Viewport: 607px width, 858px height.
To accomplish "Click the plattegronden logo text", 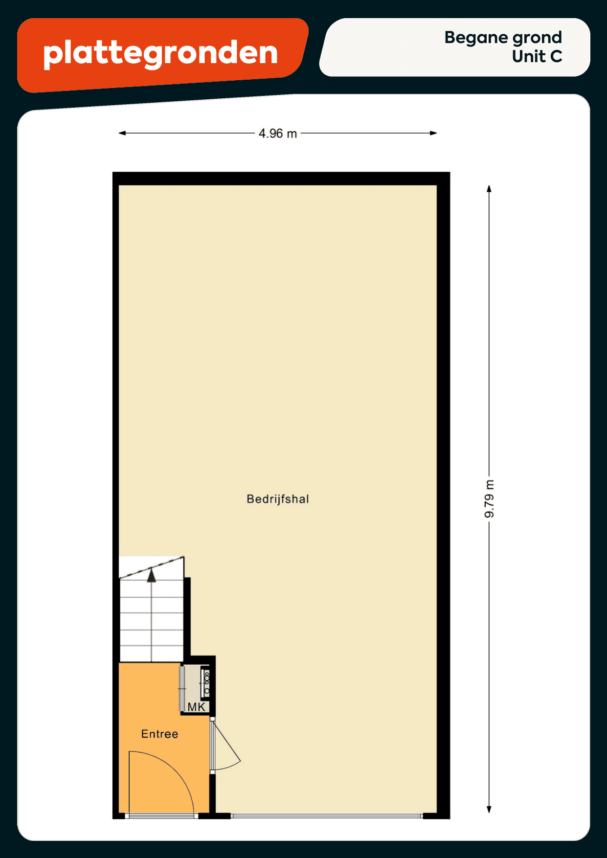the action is point(160,53).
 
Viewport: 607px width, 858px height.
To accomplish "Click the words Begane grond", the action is point(503,38).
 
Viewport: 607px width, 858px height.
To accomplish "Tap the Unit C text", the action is point(537,57).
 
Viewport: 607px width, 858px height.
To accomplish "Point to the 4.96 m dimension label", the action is point(278,134).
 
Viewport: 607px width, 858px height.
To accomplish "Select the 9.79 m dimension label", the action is point(489,499).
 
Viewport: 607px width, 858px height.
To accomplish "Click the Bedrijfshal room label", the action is point(278,499).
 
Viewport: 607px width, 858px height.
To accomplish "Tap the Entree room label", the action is point(159,734).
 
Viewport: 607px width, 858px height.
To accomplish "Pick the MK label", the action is point(197,707).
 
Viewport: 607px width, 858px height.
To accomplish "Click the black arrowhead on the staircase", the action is point(152,575).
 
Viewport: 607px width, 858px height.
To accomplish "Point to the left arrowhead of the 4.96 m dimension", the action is point(122,133).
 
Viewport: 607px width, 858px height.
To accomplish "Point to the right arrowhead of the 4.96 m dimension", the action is point(433,133).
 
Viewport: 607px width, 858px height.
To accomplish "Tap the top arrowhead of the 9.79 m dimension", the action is point(489,189).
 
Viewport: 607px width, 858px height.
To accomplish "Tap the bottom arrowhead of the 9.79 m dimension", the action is point(489,810).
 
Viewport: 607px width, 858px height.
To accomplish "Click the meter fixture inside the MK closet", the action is point(206,683).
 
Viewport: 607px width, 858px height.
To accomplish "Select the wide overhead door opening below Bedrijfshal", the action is point(327,816).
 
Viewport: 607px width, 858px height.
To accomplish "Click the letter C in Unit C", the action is point(556,57).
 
